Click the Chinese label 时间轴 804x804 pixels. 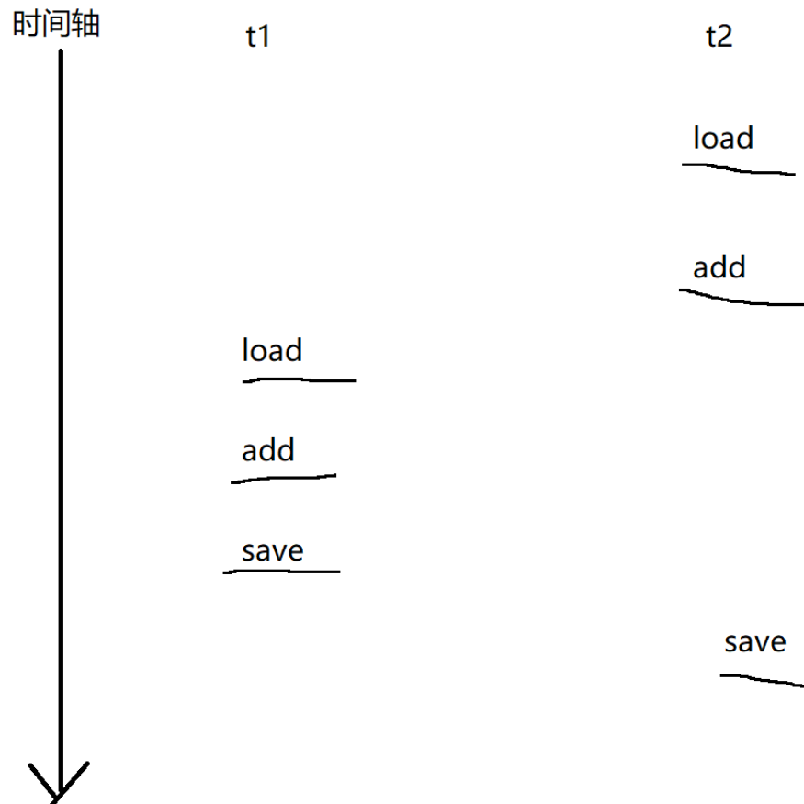pos(56,24)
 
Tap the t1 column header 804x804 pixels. pos(258,37)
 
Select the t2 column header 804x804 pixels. pos(719,37)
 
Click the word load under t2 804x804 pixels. pos(723,138)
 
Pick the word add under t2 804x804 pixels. pos(719,267)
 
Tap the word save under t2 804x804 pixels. pos(755,641)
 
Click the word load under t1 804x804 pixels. pos(272,350)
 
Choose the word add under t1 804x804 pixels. pos(268,450)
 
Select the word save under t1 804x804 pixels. pos(273,551)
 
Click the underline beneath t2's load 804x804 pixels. pos(738,169)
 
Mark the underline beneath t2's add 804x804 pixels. pos(741,299)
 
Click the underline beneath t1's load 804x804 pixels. pos(299,379)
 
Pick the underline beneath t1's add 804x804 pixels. pos(284,478)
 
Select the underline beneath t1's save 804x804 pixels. pos(281,572)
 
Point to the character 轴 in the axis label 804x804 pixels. pos(85,24)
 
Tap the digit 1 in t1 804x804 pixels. pos(265,37)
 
